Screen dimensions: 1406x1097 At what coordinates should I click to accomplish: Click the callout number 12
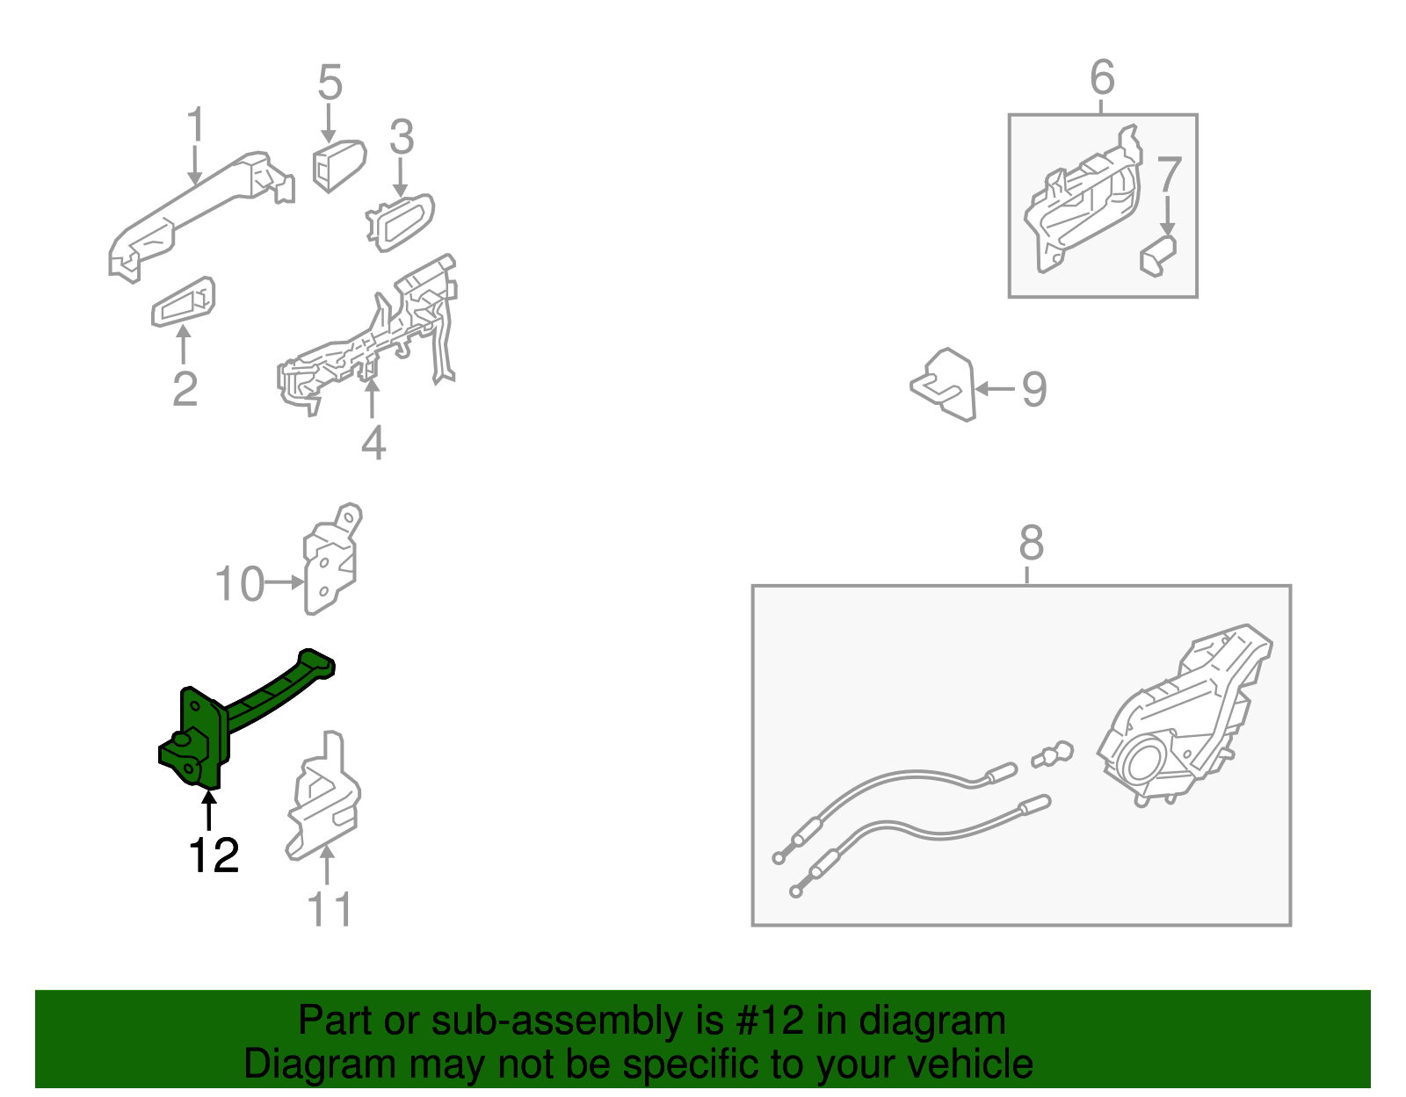[214, 855]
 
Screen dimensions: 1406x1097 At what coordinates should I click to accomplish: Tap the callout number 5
[330, 82]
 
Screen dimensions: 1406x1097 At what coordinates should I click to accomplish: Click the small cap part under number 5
[339, 165]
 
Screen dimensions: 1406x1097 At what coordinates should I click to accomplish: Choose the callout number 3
[402, 136]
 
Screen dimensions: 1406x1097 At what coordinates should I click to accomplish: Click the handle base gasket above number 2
[183, 302]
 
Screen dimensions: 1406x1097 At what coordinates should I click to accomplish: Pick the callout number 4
[373, 443]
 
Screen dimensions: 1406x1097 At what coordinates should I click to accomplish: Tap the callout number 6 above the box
[1103, 77]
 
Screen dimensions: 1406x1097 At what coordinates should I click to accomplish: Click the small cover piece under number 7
[1158, 256]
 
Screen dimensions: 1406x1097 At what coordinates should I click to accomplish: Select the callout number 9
[1034, 389]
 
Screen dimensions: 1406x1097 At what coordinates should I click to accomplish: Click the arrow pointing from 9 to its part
[995, 389]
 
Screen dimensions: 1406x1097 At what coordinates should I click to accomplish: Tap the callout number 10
[239, 584]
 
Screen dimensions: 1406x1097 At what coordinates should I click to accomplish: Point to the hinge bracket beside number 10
[332, 559]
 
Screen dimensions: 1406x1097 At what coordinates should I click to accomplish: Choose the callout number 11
[330, 909]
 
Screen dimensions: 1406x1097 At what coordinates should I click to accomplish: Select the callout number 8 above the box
[1032, 543]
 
